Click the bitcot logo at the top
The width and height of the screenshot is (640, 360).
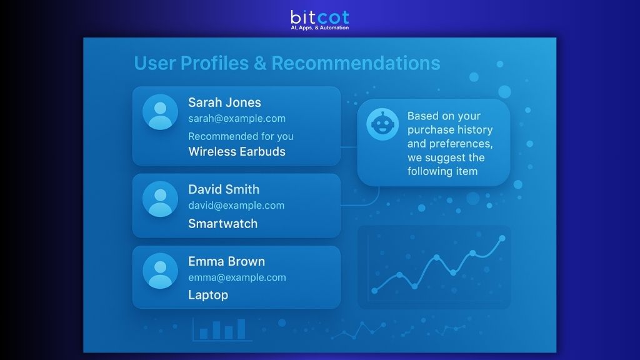point(319,18)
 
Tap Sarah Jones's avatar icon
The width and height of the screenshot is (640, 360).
point(160,112)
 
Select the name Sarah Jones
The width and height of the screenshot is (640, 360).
point(224,102)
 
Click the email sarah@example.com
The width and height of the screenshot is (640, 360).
point(236,119)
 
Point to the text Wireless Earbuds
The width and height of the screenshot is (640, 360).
point(236,151)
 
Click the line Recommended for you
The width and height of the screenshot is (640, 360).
point(241,136)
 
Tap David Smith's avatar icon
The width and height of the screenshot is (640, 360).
point(160,199)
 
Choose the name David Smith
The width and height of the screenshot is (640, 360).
point(223,189)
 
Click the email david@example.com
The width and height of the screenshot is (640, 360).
point(236,206)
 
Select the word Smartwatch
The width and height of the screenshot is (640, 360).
point(222,223)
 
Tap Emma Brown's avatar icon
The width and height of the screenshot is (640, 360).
point(160,271)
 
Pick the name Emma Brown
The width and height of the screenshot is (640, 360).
point(226,261)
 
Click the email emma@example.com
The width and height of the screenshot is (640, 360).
point(236,277)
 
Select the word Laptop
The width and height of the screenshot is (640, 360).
point(207,295)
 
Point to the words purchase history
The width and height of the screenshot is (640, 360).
point(450,130)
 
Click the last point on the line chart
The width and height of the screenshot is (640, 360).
point(502,238)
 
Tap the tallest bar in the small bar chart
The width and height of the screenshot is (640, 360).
point(241,329)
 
